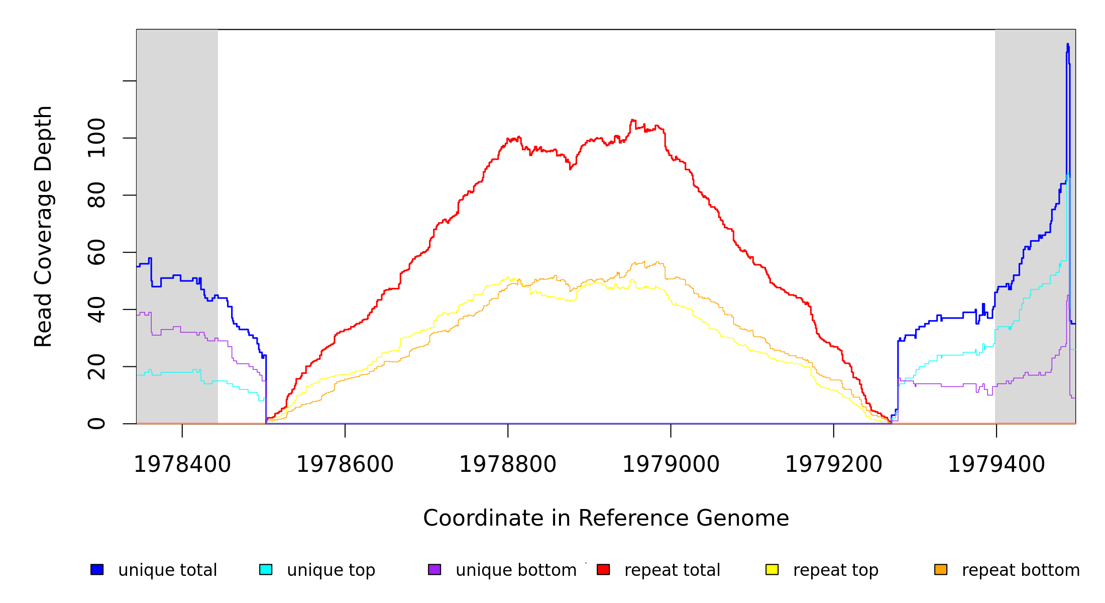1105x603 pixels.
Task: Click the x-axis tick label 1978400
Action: [x=182, y=465]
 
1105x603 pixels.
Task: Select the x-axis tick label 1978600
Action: [x=345, y=465]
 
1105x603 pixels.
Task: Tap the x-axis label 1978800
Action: [x=508, y=465]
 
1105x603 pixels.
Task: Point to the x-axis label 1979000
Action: [x=671, y=465]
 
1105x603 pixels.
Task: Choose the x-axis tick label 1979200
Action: [x=833, y=465]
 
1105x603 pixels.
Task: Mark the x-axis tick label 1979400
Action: [x=996, y=465]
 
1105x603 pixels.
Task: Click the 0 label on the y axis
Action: [x=96, y=424]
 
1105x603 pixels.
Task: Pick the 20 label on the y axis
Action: [x=96, y=366]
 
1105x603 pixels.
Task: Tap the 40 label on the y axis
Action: [x=96, y=310]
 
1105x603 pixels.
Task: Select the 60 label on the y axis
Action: [x=96, y=252]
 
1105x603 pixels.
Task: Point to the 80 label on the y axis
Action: [x=96, y=195]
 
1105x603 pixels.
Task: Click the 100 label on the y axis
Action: [x=96, y=138]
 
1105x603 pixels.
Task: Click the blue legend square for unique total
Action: [x=97, y=569]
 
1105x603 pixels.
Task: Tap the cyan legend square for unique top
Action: [x=266, y=569]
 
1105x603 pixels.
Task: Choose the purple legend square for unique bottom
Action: [x=434, y=569]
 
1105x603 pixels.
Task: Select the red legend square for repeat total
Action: [x=603, y=569]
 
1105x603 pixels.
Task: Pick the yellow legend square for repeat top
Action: [x=772, y=569]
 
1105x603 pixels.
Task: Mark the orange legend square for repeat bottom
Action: [x=941, y=569]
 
